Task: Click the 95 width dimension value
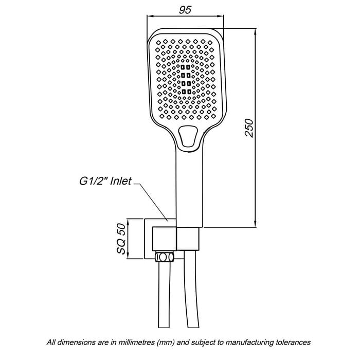[x=185, y=10]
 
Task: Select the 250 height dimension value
[x=249, y=128]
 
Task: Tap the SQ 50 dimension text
[x=121, y=239]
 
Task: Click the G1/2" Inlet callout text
[x=105, y=181]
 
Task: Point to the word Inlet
[x=121, y=181]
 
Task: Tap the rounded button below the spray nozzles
[x=188, y=136]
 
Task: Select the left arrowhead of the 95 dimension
[x=150, y=16]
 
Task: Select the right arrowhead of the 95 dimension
[x=221, y=16]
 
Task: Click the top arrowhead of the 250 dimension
[x=255, y=31]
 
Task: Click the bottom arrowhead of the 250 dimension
[x=255, y=224]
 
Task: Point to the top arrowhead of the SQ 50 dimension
[x=128, y=222]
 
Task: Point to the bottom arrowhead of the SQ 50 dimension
[x=128, y=256]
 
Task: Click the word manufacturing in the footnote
[x=249, y=343]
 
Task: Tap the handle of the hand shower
[x=189, y=188]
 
